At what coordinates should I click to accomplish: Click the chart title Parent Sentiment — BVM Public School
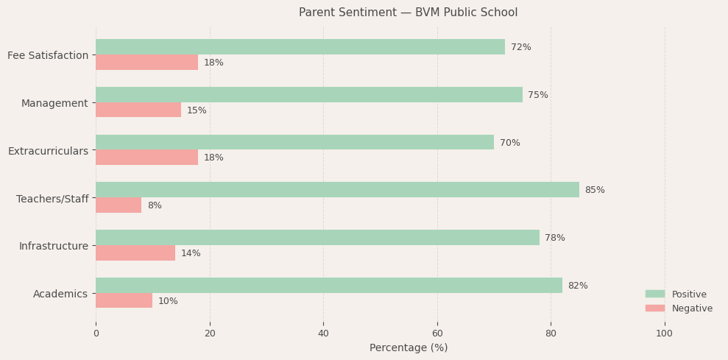[408, 13]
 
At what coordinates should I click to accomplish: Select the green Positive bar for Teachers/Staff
[337, 190]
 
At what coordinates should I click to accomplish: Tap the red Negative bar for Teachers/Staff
[119, 205]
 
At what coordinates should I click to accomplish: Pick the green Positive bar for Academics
[328, 286]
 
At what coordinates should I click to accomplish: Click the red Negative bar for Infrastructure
[135, 253]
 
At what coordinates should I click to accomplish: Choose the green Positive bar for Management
[308, 95]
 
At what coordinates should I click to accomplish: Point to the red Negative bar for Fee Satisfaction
[146, 63]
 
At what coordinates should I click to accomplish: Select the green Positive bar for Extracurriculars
[294, 143]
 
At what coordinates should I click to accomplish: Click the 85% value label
[595, 190]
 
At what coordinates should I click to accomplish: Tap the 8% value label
[155, 205]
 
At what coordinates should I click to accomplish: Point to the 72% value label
[520, 47]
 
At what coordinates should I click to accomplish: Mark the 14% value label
[191, 253]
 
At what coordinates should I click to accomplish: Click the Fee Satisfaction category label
[48, 55]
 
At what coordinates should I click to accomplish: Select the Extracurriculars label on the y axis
[48, 151]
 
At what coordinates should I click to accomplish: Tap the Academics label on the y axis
[60, 294]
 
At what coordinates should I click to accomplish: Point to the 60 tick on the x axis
[437, 333]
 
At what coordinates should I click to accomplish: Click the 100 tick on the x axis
[664, 333]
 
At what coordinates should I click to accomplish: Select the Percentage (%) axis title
[408, 347]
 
